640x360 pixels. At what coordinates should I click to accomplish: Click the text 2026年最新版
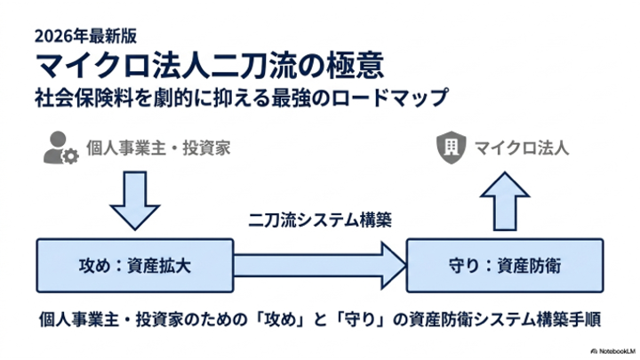(85, 36)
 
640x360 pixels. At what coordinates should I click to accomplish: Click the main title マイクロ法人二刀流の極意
(210, 65)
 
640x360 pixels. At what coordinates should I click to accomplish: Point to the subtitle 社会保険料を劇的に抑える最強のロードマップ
(242, 98)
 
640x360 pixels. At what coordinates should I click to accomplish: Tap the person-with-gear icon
(60, 148)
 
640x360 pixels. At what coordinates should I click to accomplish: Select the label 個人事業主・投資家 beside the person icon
(158, 148)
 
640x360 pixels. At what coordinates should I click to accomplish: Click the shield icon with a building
(451, 148)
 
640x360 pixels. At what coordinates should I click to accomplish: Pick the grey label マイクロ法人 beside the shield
(522, 148)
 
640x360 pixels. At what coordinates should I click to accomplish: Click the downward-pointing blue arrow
(135, 200)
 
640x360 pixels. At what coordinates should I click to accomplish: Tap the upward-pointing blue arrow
(505, 201)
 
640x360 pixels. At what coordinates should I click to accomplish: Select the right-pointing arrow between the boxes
(320, 266)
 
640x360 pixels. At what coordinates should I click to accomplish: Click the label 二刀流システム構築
(320, 220)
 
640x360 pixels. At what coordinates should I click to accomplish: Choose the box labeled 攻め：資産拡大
(135, 266)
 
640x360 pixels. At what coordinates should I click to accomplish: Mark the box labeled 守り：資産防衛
(505, 266)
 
